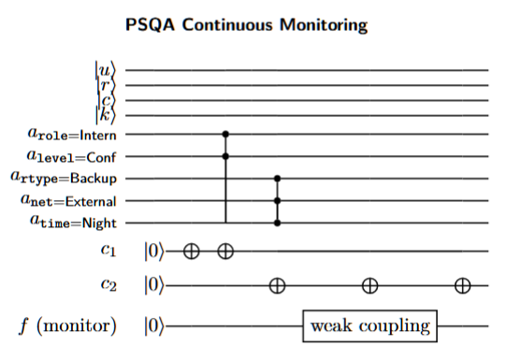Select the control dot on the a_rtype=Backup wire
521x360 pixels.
[x=277, y=178]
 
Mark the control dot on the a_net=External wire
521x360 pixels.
[x=277, y=200]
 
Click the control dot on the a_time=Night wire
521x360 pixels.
[x=277, y=223]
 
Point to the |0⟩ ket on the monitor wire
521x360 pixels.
[x=153, y=325]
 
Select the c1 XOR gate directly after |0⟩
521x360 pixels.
[x=192, y=251]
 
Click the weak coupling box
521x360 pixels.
[x=371, y=325]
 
